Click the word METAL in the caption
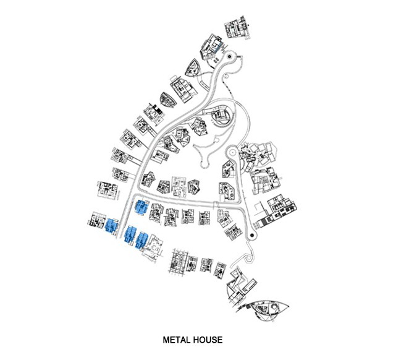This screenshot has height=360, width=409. (x=177, y=340)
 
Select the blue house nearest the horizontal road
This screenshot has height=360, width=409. (x=141, y=208)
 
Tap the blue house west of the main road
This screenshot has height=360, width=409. (x=112, y=226)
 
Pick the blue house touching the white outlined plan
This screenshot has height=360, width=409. (x=142, y=240)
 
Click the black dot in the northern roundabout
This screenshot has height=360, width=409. (x=229, y=56)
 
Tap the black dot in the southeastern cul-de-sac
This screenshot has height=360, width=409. (x=251, y=236)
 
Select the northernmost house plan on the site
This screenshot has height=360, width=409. (x=237, y=27)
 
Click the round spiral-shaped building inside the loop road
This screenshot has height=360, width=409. (x=222, y=117)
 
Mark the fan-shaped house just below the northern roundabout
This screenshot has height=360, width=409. (x=193, y=67)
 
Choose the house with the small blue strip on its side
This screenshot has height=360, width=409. (x=211, y=47)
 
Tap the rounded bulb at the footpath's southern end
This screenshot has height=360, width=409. (x=204, y=164)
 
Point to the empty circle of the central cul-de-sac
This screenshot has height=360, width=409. (x=232, y=152)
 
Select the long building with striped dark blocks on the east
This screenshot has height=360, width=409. (x=277, y=211)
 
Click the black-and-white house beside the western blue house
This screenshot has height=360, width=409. (x=96, y=221)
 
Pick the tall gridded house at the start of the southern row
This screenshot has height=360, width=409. (x=179, y=262)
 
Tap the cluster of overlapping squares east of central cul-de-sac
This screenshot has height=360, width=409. (x=258, y=155)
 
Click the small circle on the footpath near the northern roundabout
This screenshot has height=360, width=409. (x=226, y=76)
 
